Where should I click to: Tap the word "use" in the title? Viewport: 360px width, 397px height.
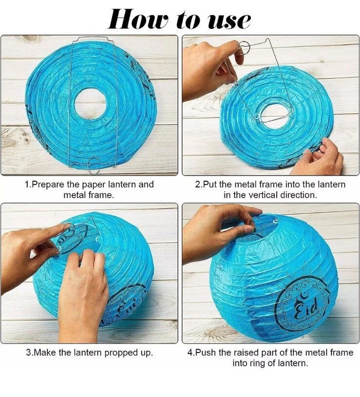click(x=229, y=21)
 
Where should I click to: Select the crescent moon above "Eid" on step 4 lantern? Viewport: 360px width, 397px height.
click(x=303, y=295)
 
